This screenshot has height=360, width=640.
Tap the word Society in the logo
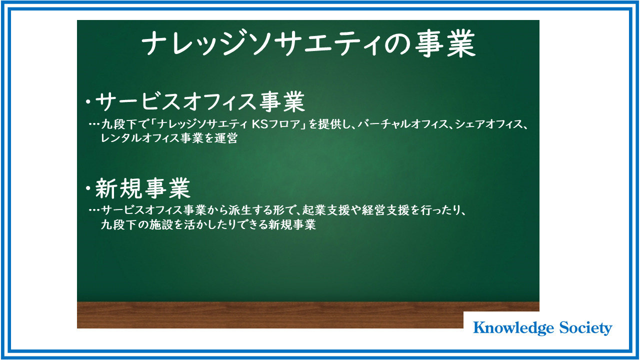pos(585,328)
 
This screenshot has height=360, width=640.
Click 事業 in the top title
pos(445,44)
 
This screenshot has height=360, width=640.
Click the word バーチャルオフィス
pos(403,124)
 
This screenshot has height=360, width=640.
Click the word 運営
pos(226,138)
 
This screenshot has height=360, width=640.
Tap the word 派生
pos(239,210)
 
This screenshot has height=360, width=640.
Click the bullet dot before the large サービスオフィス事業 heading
pos(88,101)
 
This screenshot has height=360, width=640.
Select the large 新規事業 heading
pos(142,188)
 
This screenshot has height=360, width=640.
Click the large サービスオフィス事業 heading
pos(200,101)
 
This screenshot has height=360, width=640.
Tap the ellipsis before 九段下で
pos(94,124)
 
